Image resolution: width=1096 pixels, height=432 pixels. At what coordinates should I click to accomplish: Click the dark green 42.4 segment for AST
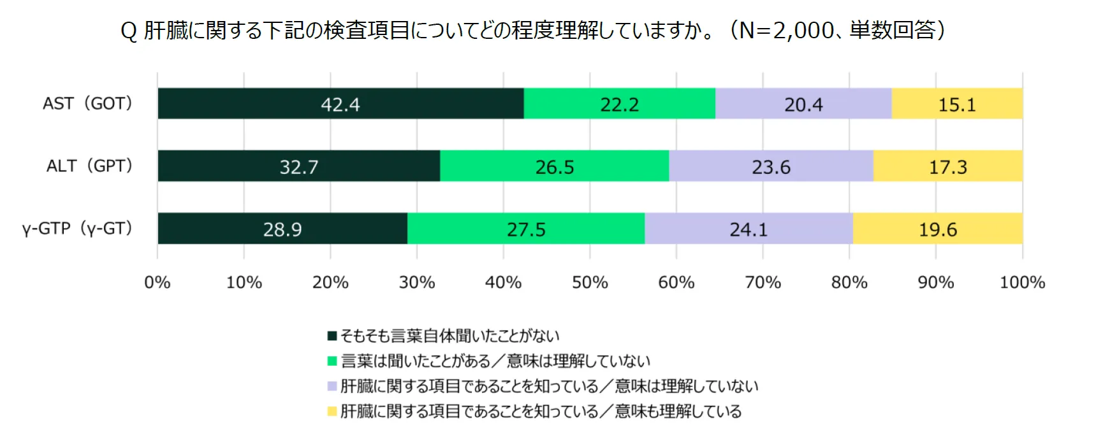pyautogui.click(x=340, y=103)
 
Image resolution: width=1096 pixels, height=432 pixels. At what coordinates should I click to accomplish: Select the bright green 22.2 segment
pyautogui.click(x=619, y=103)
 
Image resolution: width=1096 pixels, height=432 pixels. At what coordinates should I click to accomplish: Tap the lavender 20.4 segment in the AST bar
pyautogui.click(x=803, y=103)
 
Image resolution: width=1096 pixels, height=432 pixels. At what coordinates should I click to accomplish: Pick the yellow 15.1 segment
pyautogui.click(x=957, y=103)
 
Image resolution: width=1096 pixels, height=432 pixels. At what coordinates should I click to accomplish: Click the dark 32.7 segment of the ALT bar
pyautogui.click(x=298, y=166)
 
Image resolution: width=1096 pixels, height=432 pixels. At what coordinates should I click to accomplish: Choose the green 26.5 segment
pyautogui.click(x=554, y=166)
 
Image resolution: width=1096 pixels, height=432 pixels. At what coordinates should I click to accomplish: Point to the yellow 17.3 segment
pyautogui.click(x=947, y=166)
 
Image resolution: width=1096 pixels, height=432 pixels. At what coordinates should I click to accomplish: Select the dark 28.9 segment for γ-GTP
pyautogui.click(x=282, y=228)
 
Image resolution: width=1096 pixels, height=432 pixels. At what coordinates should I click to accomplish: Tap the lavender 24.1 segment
pyautogui.click(x=749, y=228)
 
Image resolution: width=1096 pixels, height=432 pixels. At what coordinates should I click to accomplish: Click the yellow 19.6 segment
pyautogui.click(x=937, y=228)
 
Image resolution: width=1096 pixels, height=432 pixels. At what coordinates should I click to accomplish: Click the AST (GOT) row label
pyautogui.click(x=87, y=103)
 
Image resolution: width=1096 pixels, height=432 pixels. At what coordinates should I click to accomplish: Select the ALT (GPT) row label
pyautogui.click(x=89, y=166)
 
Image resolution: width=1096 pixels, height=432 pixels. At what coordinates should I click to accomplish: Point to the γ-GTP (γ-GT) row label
pyautogui.click(x=77, y=228)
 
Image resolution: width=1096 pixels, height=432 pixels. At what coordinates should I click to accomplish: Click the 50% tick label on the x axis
pyautogui.click(x=590, y=282)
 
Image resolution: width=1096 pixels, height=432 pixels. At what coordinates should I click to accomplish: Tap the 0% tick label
pyautogui.click(x=157, y=282)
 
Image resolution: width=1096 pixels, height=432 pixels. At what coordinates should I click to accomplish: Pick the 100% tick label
pyautogui.click(x=1022, y=282)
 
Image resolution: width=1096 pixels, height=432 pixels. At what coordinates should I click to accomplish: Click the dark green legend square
pyautogui.click(x=332, y=336)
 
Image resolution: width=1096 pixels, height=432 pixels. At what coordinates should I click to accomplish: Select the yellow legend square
pyautogui.click(x=332, y=411)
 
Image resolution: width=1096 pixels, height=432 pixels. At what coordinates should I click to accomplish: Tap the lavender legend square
pyautogui.click(x=332, y=386)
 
